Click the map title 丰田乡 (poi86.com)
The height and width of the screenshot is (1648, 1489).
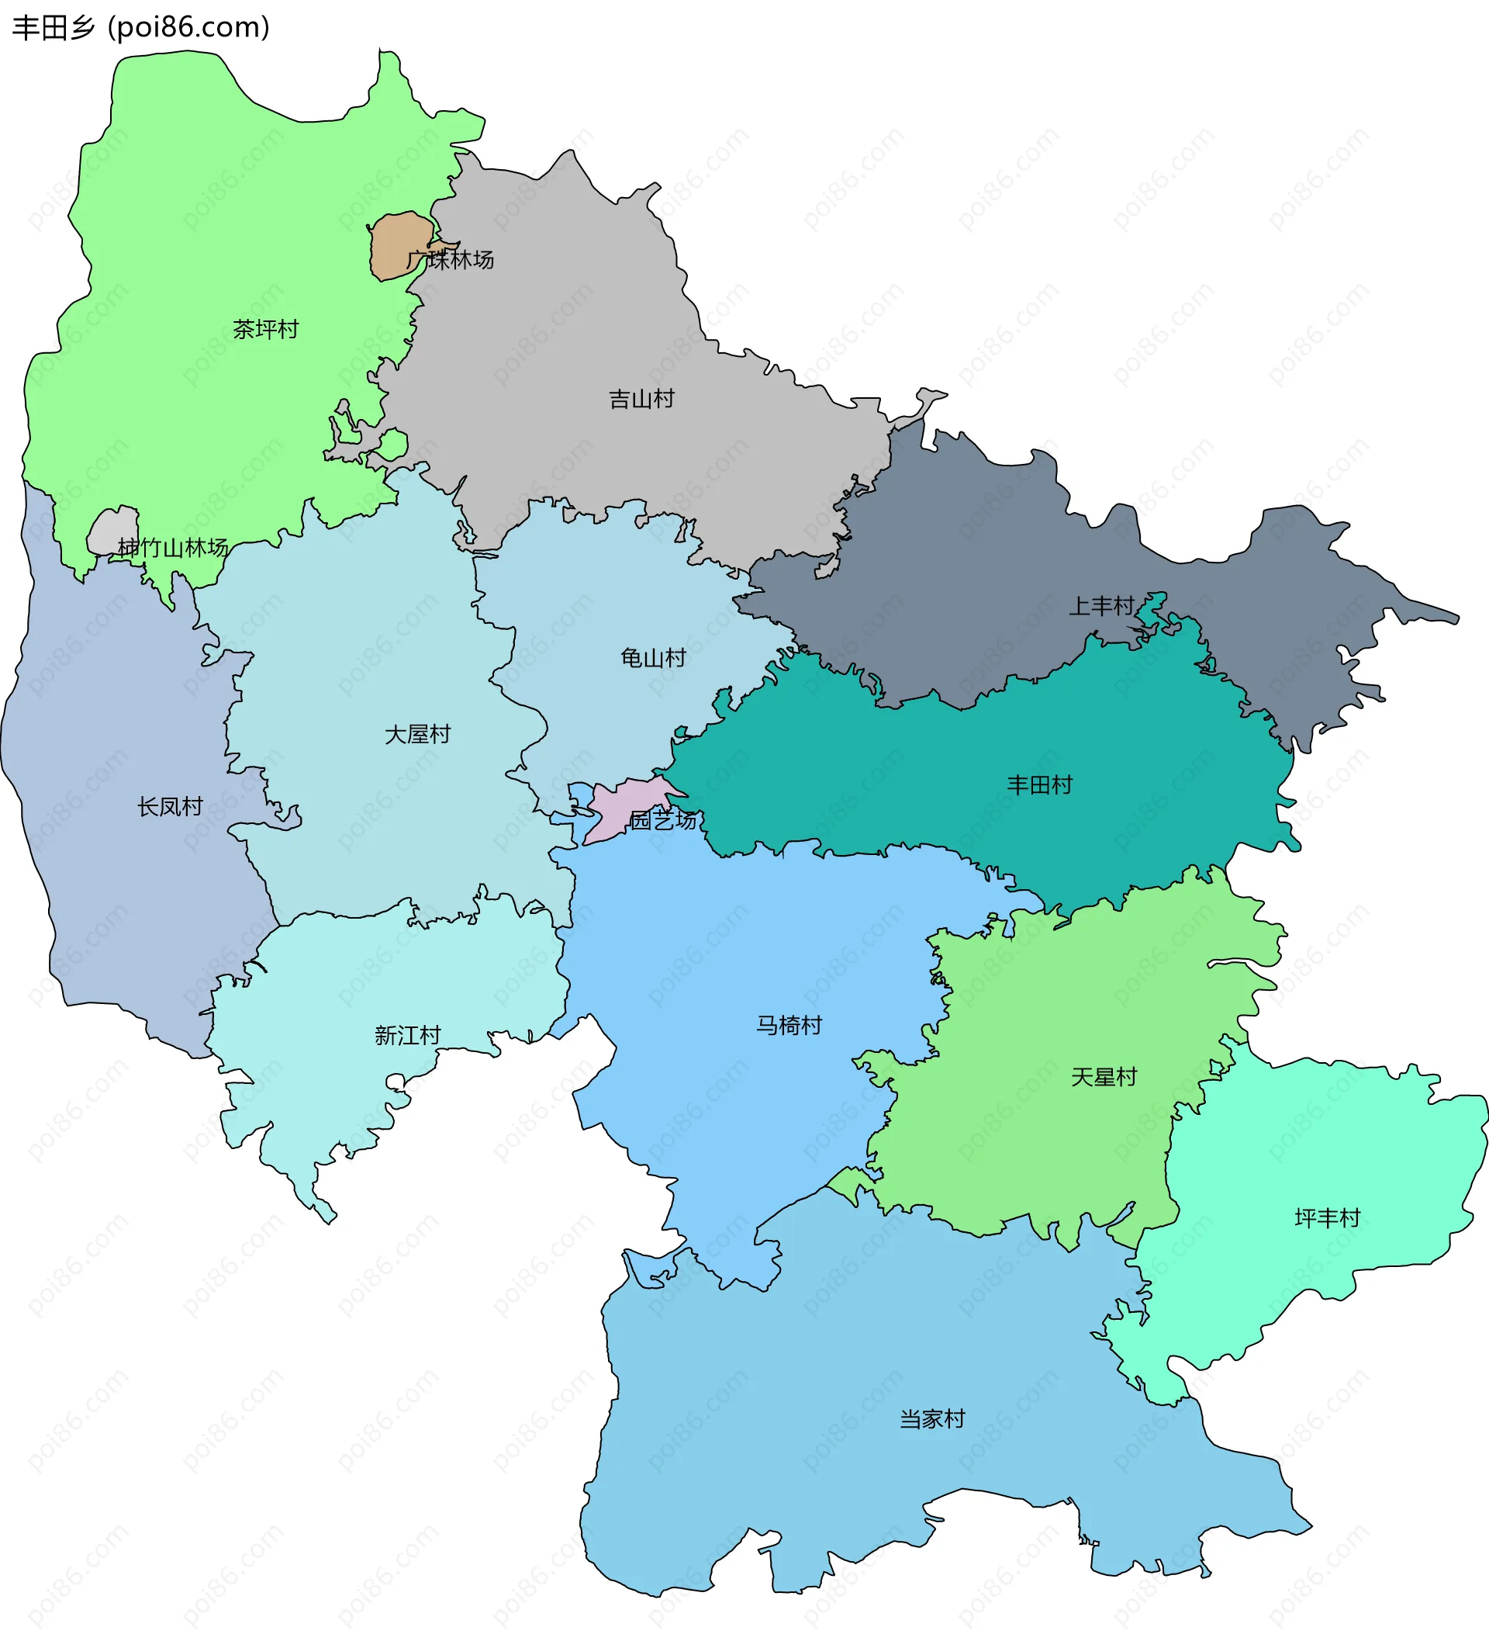click(x=140, y=28)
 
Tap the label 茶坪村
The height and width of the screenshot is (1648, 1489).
click(x=265, y=330)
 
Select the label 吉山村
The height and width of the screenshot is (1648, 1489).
click(x=641, y=399)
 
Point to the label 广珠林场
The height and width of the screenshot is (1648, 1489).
click(x=451, y=260)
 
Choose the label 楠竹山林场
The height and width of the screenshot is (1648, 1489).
click(x=172, y=548)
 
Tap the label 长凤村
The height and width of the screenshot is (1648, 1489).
click(x=170, y=807)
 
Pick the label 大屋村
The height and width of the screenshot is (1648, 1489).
click(x=417, y=734)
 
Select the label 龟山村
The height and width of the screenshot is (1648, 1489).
click(x=653, y=657)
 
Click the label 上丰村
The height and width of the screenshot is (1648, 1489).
click(x=1102, y=606)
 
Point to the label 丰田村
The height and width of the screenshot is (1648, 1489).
click(x=1039, y=784)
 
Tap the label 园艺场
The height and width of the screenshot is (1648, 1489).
click(x=663, y=820)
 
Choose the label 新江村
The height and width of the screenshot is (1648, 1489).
click(x=408, y=1036)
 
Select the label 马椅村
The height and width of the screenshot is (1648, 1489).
click(x=789, y=1025)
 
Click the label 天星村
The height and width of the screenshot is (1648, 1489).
click(x=1104, y=1077)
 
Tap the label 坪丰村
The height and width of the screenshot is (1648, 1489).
click(x=1327, y=1218)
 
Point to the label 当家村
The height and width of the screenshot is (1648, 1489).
click(x=932, y=1419)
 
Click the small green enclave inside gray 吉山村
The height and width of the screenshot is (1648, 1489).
click(x=393, y=445)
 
